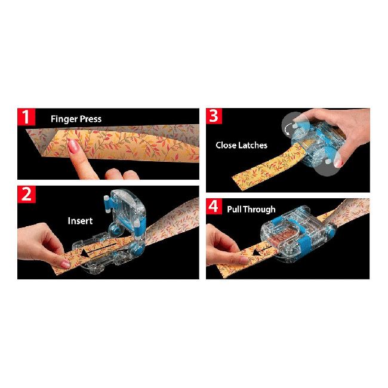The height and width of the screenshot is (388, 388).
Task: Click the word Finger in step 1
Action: coord(64,119)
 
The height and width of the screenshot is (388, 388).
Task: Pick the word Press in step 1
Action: coord(90,119)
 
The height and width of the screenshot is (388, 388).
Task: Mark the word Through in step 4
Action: coord(262,210)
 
